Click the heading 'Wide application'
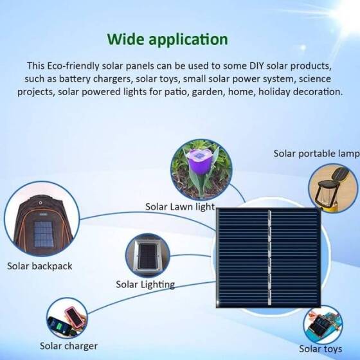167,39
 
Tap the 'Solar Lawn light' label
179,206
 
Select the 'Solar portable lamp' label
316,154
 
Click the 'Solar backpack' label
40,266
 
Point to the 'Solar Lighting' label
145,283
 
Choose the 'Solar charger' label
69,346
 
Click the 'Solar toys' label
319,349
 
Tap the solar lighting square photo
147,255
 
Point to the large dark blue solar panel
268,257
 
